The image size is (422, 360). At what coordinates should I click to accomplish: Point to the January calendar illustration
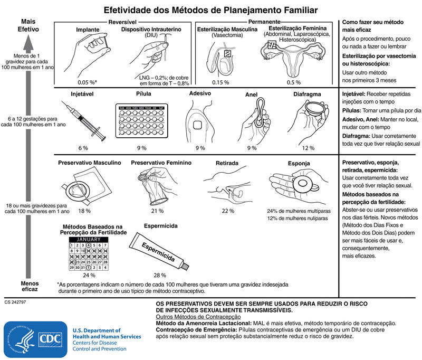point(89,254)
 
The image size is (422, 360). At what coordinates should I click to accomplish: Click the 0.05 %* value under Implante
point(87,82)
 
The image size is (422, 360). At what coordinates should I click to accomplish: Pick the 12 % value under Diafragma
point(308,148)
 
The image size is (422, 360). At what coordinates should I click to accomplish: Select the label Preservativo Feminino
point(161,163)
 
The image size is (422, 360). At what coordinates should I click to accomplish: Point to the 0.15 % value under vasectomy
point(220,82)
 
